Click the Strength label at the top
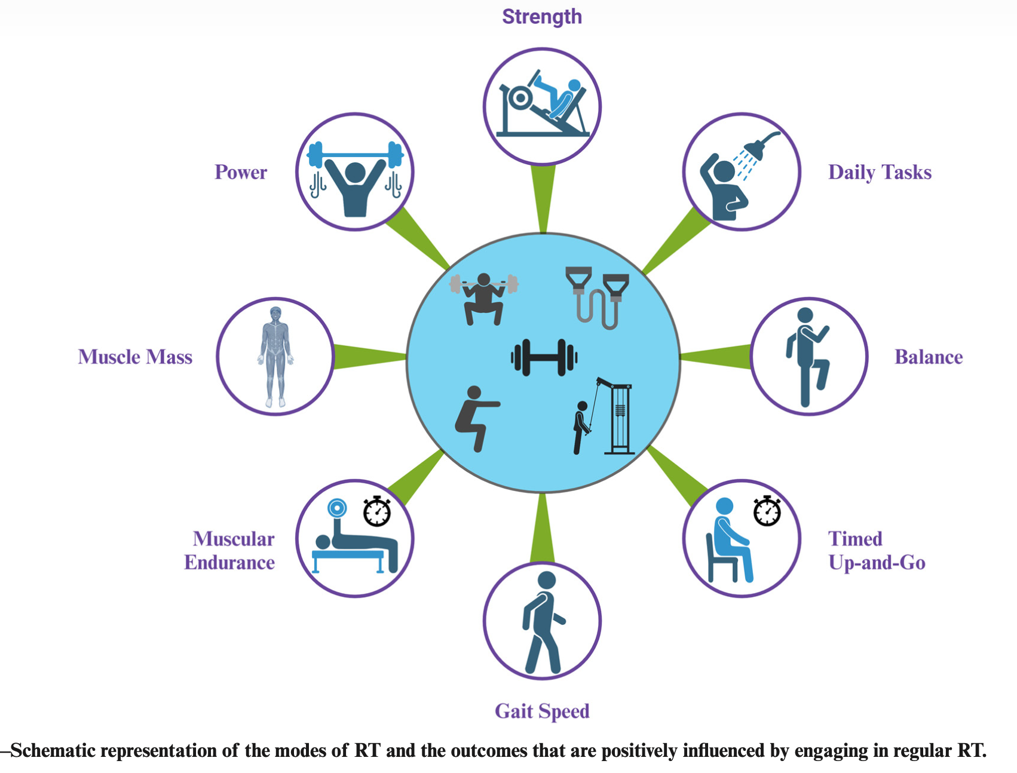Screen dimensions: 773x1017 pos(541,17)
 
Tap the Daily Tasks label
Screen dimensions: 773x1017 pos(880,173)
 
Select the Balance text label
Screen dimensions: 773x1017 pos(929,357)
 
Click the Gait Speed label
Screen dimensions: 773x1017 pos(542,711)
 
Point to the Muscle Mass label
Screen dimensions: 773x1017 pos(135,357)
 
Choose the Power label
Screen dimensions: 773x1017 pos(241,173)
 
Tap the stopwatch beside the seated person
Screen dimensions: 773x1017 pos(767,511)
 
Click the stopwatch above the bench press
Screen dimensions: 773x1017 pos(377,511)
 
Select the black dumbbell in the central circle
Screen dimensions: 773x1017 pos(544,358)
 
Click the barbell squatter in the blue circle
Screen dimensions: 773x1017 pos(484,299)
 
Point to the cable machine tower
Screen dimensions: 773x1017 pos(620,418)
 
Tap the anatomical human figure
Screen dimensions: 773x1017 pos(275,357)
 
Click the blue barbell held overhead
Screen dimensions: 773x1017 pos(355,155)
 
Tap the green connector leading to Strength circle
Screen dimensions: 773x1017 pos(543,197)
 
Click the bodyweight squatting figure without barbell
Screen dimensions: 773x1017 pos(476,418)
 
